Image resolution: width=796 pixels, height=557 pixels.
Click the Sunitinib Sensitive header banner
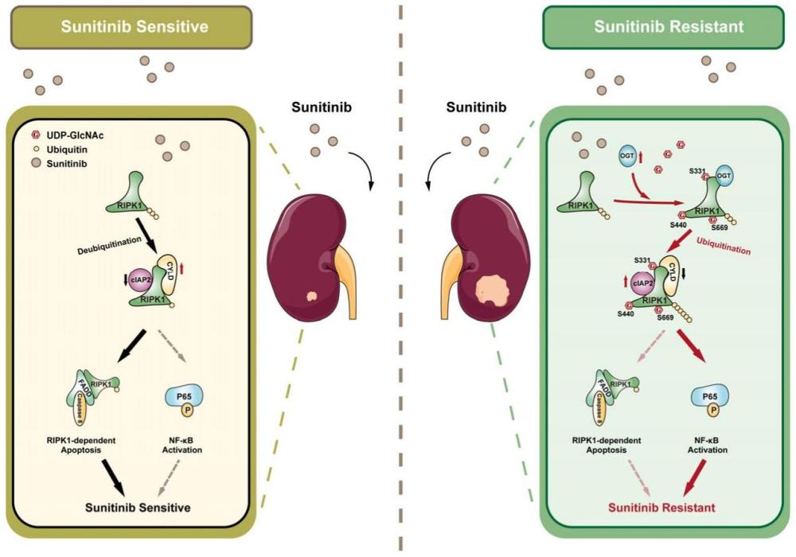click(x=131, y=26)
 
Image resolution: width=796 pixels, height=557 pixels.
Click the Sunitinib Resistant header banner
click(x=669, y=26)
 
